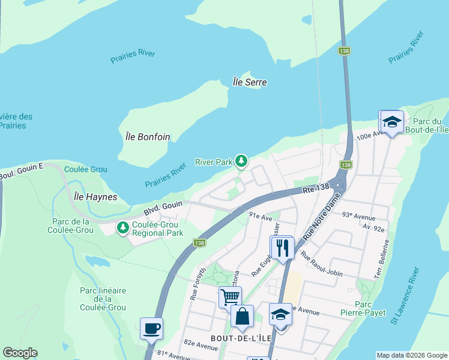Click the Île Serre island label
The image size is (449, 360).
(250, 82)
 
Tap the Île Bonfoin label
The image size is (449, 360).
(148, 137)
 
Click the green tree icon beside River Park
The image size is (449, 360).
(241, 161)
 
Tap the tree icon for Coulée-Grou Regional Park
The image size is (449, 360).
(123, 228)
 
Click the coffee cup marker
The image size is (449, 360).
(151, 329)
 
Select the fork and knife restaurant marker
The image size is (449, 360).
(282, 247)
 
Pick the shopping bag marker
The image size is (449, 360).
(242, 316)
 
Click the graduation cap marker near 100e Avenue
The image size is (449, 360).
(391, 122)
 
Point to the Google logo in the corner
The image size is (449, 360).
(20, 353)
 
